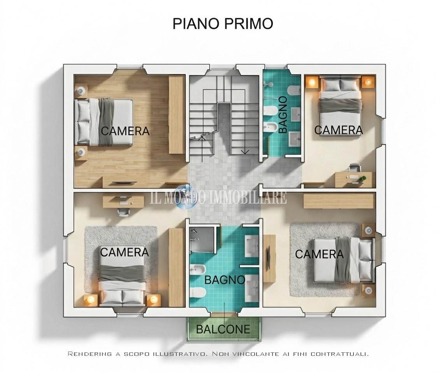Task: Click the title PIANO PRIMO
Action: [223, 24]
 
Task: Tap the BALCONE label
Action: [223, 329]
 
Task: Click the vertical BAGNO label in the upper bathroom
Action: [283, 114]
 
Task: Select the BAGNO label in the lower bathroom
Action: [225, 280]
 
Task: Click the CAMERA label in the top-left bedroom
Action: [125, 131]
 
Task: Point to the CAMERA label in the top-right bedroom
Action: [339, 130]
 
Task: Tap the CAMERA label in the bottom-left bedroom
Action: [124, 252]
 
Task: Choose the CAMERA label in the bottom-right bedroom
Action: [319, 254]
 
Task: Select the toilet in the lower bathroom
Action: [198, 292]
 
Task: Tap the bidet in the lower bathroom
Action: [198, 269]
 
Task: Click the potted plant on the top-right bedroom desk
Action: [362, 179]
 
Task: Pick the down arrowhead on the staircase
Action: [245, 152]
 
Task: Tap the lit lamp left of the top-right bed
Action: [312, 82]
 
